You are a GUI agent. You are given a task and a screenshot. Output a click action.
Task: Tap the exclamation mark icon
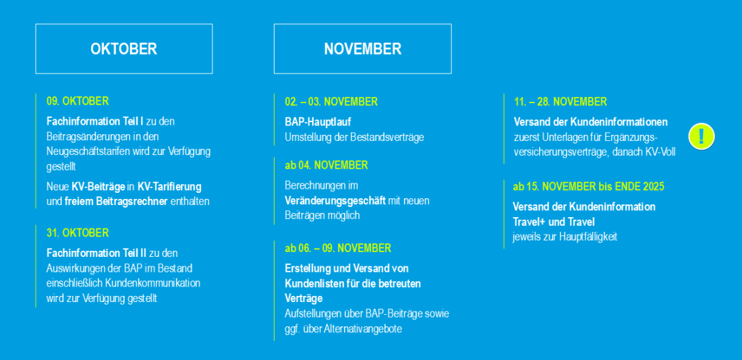(x=702, y=136)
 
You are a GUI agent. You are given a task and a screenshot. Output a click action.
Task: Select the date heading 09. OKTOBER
(x=78, y=101)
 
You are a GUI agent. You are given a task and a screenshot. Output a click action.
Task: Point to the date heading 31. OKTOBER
(x=78, y=233)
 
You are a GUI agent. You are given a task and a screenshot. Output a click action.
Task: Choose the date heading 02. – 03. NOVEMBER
(x=331, y=102)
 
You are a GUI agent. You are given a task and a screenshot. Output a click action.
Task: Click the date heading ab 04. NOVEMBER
(x=326, y=166)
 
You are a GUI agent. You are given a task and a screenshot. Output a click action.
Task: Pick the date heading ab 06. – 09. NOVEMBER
(x=338, y=248)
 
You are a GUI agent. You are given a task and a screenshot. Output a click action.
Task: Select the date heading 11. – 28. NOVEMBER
(x=561, y=102)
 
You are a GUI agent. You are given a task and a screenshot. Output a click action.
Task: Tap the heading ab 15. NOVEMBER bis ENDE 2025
(x=589, y=186)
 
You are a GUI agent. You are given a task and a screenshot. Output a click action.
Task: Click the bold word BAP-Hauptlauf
(x=318, y=122)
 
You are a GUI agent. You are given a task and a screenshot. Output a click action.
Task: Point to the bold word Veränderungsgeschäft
(x=335, y=201)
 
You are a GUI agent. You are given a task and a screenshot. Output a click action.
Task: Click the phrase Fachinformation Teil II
(x=96, y=253)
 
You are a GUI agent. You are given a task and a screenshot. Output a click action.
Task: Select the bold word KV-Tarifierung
(x=169, y=186)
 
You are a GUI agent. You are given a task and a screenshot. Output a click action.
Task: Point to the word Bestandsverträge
(x=387, y=138)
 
